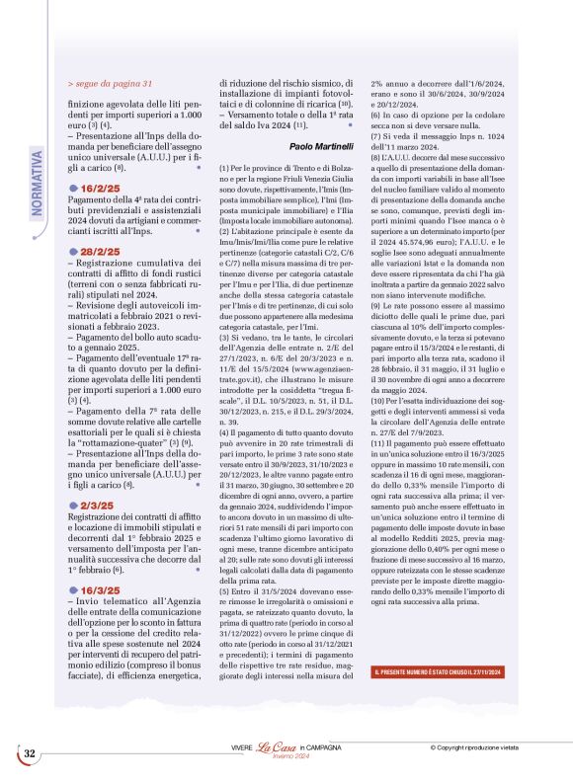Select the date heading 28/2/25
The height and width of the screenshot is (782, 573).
(100, 253)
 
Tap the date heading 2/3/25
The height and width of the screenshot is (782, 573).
(97, 474)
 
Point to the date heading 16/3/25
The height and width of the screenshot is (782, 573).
(100, 563)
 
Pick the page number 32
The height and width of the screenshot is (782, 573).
(30, 753)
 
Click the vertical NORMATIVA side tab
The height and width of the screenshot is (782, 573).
(38, 182)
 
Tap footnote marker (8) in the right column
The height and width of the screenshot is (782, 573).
(375, 157)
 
